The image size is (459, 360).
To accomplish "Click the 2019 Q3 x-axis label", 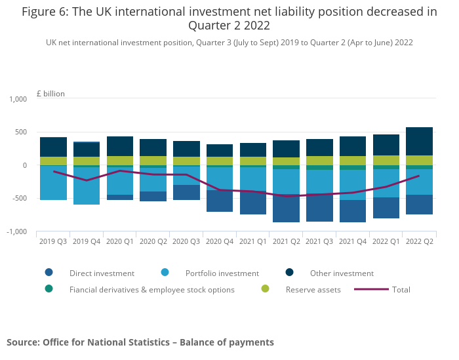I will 53,241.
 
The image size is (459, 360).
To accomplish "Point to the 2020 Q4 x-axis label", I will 219,241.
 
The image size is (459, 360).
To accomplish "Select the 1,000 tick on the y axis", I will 18,99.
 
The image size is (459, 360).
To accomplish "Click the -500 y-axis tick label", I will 19,199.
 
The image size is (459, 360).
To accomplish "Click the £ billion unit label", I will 50,94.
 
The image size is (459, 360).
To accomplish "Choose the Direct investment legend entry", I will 102,273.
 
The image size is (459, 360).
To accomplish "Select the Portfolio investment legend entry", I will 222,273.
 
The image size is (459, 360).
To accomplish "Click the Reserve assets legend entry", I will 313,289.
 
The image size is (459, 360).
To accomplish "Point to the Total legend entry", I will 401,289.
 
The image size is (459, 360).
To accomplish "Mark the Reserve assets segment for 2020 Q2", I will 153,161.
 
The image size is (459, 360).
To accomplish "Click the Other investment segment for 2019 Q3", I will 53,147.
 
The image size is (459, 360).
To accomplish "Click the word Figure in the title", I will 41,12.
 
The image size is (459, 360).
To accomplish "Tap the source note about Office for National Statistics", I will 140,342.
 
